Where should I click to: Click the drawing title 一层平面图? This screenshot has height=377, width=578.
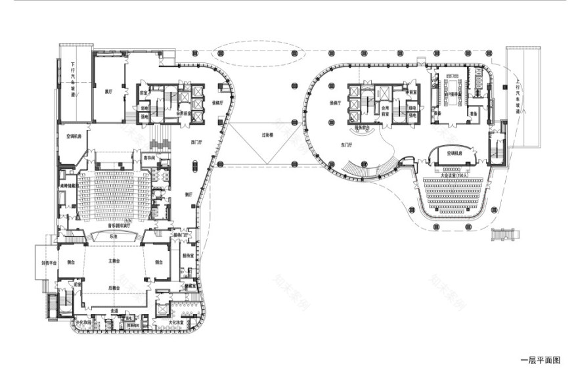point(540,360)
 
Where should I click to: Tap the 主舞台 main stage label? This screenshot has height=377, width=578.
point(112,261)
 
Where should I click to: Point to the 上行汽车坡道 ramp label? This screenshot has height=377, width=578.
point(519,96)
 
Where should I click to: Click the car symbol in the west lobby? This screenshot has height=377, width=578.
point(194,167)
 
